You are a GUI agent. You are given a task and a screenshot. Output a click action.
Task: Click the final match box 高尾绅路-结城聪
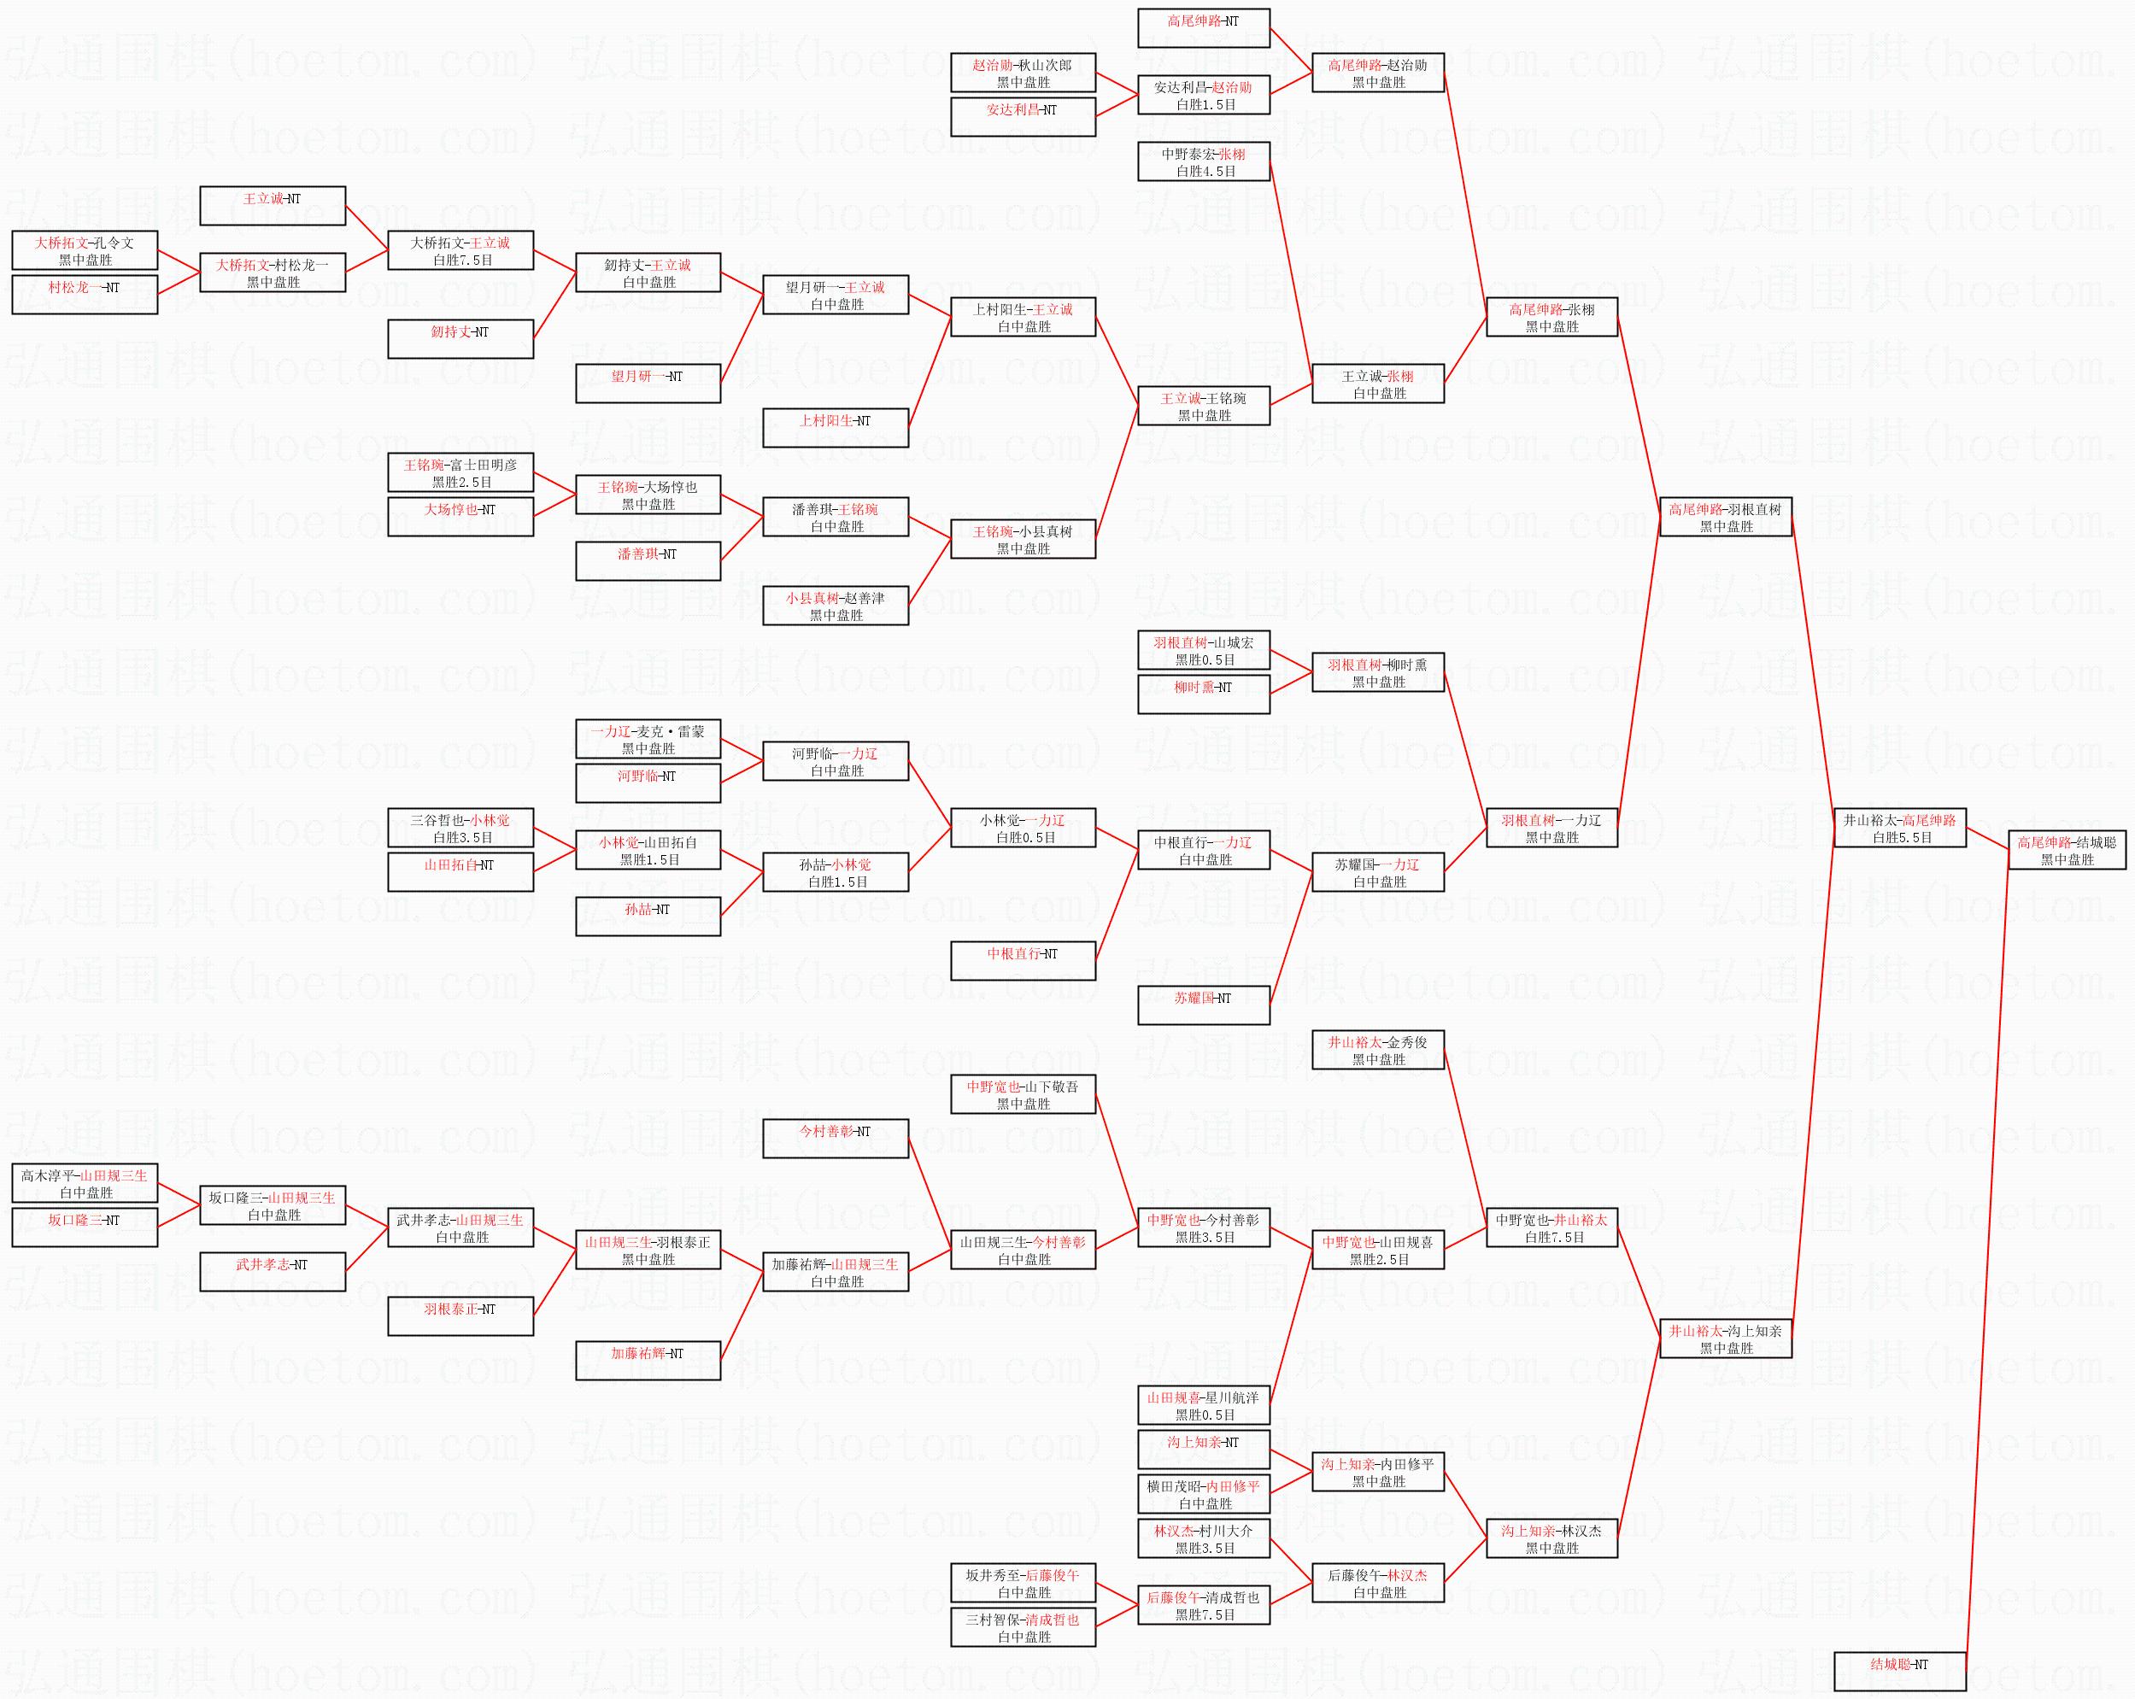pos(2067,851)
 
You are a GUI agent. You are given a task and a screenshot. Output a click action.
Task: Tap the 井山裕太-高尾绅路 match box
pos(1899,828)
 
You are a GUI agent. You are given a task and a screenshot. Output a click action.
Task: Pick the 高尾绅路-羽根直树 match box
pos(1725,517)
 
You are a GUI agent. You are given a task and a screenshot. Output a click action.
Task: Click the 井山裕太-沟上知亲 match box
pos(1725,1339)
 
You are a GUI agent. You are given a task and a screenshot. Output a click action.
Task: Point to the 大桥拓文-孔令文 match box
pos(85,250)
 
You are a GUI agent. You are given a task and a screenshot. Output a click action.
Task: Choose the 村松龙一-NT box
pos(85,295)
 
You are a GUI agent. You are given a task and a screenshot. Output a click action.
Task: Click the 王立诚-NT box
pos(273,206)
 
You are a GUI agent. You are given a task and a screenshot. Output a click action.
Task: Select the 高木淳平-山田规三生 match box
pos(85,1184)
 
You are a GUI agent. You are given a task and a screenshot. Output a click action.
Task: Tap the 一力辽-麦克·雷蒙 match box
pos(648,740)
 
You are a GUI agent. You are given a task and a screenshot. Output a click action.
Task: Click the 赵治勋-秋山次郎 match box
pos(1023,73)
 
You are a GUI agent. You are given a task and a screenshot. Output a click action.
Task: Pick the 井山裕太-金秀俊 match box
pos(1377,1051)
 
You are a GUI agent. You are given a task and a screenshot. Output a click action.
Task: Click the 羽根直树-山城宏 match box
pos(1203,651)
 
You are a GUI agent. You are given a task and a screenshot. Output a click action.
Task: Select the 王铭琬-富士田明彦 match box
pos(460,473)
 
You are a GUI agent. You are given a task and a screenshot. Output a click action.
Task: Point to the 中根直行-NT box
pos(1023,961)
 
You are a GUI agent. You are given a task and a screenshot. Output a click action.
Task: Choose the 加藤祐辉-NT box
pos(648,1361)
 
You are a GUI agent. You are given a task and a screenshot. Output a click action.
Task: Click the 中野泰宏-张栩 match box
pos(1203,162)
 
